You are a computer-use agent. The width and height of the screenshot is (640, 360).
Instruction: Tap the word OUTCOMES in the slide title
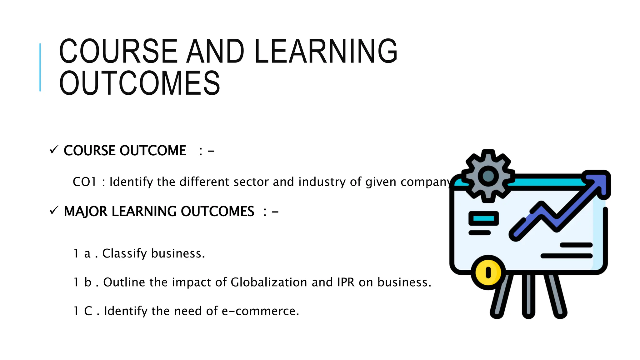pyautogui.click(x=140, y=83)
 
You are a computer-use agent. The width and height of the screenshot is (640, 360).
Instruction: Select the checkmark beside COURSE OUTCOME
pyautogui.click(x=54, y=150)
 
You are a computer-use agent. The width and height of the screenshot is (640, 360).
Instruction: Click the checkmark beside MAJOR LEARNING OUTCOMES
pyautogui.click(x=54, y=211)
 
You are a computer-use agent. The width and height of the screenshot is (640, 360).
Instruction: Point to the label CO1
pyautogui.click(x=84, y=182)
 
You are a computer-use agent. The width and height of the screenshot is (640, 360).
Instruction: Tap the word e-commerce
pyautogui.click(x=260, y=311)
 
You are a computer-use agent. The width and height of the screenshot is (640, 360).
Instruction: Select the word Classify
pyautogui.click(x=124, y=253)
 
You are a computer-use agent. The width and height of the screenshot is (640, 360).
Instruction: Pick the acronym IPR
pyautogui.click(x=346, y=282)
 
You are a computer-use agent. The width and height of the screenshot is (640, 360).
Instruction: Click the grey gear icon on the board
pyautogui.click(x=488, y=176)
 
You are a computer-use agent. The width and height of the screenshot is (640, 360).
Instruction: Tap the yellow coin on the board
pyautogui.click(x=488, y=272)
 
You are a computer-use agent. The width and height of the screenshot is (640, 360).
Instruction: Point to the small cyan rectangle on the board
pyautogui.click(x=483, y=218)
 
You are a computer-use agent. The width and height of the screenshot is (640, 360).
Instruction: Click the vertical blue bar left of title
pyautogui.click(x=40, y=67)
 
